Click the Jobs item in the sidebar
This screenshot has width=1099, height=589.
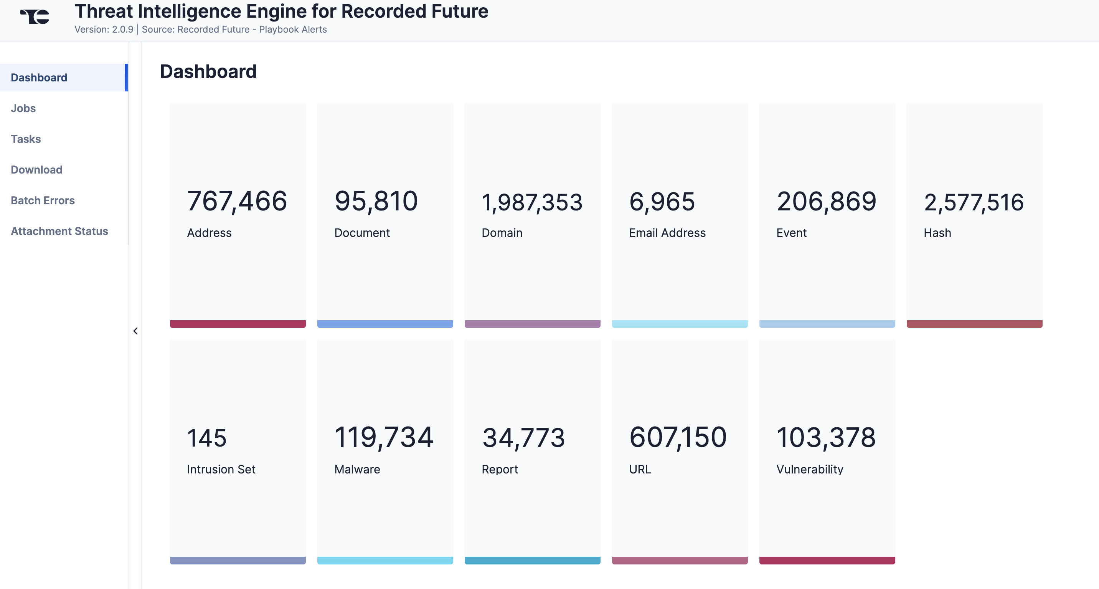(x=23, y=108)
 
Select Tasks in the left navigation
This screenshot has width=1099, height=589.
(x=26, y=139)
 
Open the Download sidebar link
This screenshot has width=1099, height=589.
(x=37, y=170)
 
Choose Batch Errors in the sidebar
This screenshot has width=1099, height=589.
(x=43, y=200)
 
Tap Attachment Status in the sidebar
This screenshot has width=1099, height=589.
(x=59, y=231)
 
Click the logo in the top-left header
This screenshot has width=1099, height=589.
(x=35, y=17)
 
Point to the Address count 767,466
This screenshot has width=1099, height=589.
(x=237, y=201)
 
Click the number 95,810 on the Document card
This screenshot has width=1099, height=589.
(x=376, y=201)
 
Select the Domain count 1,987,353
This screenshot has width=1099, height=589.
(x=531, y=202)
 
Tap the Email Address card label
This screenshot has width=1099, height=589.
(x=667, y=233)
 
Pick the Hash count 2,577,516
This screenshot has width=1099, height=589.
(x=974, y=202)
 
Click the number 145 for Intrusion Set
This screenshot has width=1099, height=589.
(x=207, y=438)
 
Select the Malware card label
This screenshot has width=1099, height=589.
(x=357, y=470)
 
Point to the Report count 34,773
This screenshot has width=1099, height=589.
(x=523, y=438)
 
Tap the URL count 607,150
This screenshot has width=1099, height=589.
(x=678, y=437)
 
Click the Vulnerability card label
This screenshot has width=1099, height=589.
(x=809, y=470)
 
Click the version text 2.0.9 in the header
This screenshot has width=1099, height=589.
(x=122, y=30)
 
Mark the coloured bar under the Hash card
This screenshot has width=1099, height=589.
(x=974, y=324)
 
